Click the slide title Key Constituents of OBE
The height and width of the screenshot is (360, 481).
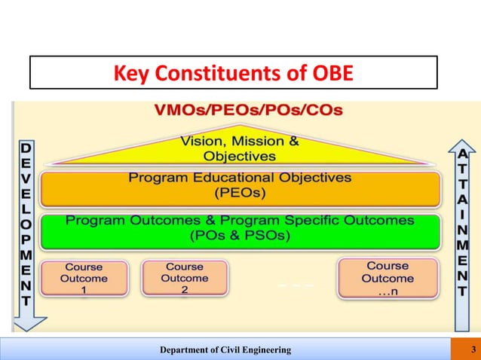[x=233, y=75]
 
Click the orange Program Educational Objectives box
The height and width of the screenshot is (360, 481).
[x=240, y=189]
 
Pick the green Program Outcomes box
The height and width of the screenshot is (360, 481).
[x=240, y=231]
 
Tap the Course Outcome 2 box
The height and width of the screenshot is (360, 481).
[x=185, y=279]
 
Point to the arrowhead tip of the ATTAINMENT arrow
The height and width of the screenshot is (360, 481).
[x=461, y=141]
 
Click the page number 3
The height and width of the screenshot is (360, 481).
[x=472, y=349]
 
